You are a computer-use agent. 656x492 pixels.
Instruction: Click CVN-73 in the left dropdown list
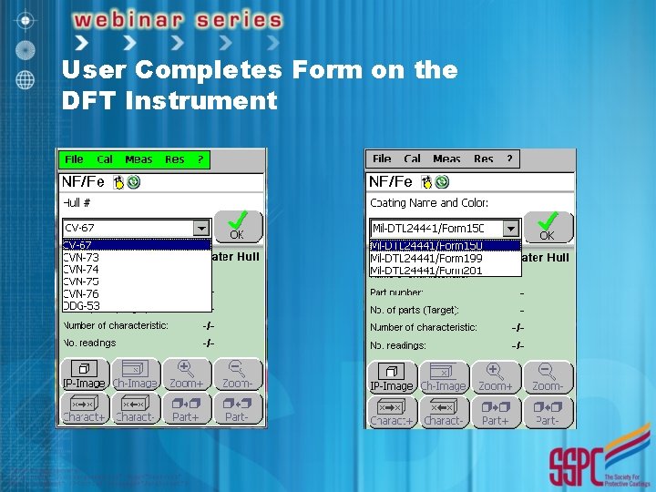[x=81, y=257]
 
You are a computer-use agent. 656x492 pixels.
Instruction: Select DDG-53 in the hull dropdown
[x=81, y=306]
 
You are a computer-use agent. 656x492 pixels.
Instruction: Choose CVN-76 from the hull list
[x=81, y=293]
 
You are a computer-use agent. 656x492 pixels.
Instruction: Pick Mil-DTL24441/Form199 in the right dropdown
[x=426, y=258]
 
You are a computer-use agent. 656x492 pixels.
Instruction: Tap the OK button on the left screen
[x=237, y=225]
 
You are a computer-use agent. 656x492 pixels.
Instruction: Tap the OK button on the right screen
[x=547, y=225]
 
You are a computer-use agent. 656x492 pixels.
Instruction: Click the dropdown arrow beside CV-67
[x=201, y=227]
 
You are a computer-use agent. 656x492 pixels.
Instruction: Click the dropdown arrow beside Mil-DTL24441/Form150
[x=511, y=227]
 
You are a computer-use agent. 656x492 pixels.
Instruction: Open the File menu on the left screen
[x=74, y=159]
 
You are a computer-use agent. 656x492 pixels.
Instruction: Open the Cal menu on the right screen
[x=413, y=159]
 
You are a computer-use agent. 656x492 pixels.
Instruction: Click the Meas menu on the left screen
[x=138, y=159]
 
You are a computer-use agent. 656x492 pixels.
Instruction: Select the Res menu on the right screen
[x=484, y=159]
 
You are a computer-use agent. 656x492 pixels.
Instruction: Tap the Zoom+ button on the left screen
[x=186, y=374]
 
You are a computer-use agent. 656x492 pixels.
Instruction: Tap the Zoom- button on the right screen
[x=548, y=375]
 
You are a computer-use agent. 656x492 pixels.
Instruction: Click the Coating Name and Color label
[x=428, y=203]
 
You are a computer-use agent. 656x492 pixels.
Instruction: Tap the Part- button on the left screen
[x=237, y=408]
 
